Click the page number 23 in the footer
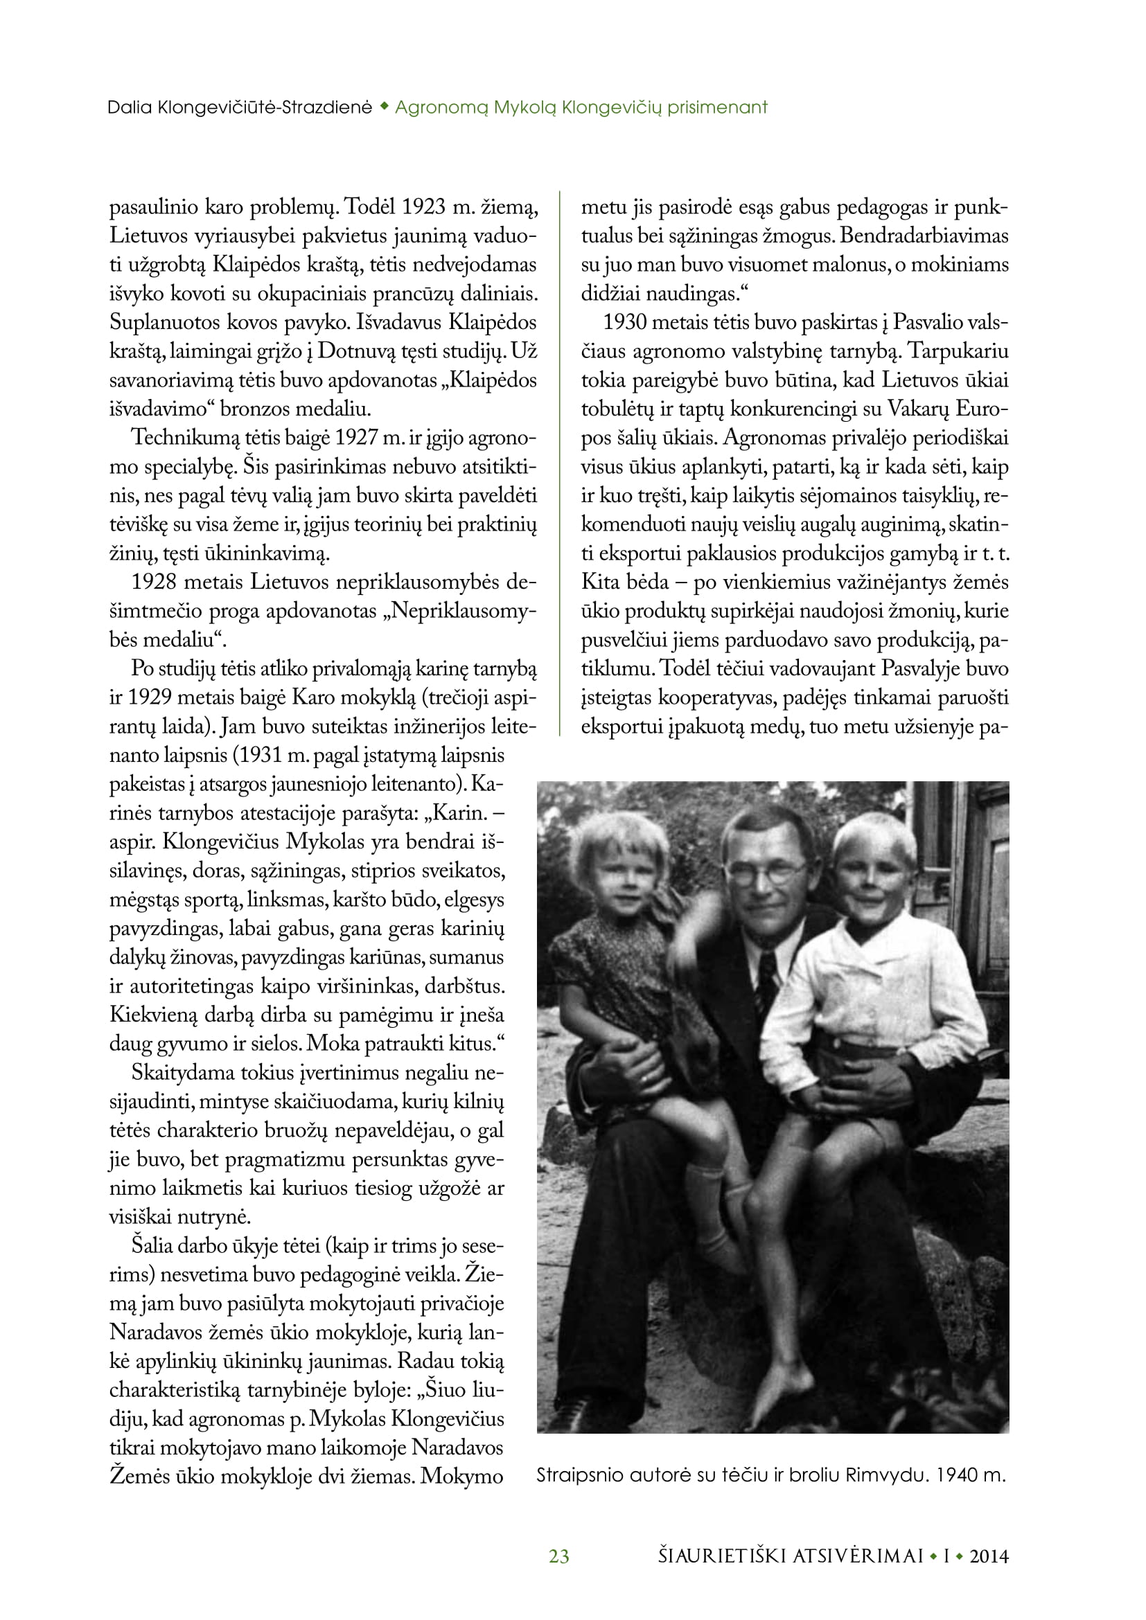coord(559,1556)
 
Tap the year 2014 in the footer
coord(989,1556)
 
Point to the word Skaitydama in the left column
coord(182,1073)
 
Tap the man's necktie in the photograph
coord(766,974)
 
